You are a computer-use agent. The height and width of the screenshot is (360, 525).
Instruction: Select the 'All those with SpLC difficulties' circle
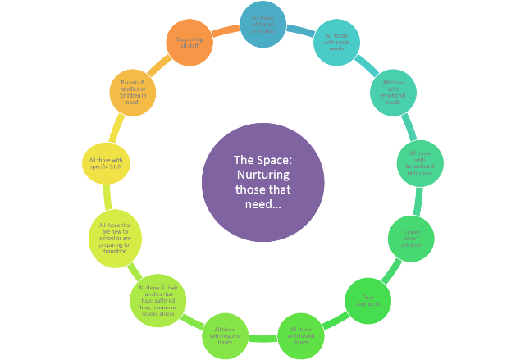pyautogui.click(x=264, y=24)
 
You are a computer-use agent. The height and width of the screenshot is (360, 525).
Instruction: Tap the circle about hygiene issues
pyautogui.click(x=225, y=335)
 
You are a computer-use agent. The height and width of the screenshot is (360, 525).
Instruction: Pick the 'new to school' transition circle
pyautogui.click(x=113, y=238)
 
